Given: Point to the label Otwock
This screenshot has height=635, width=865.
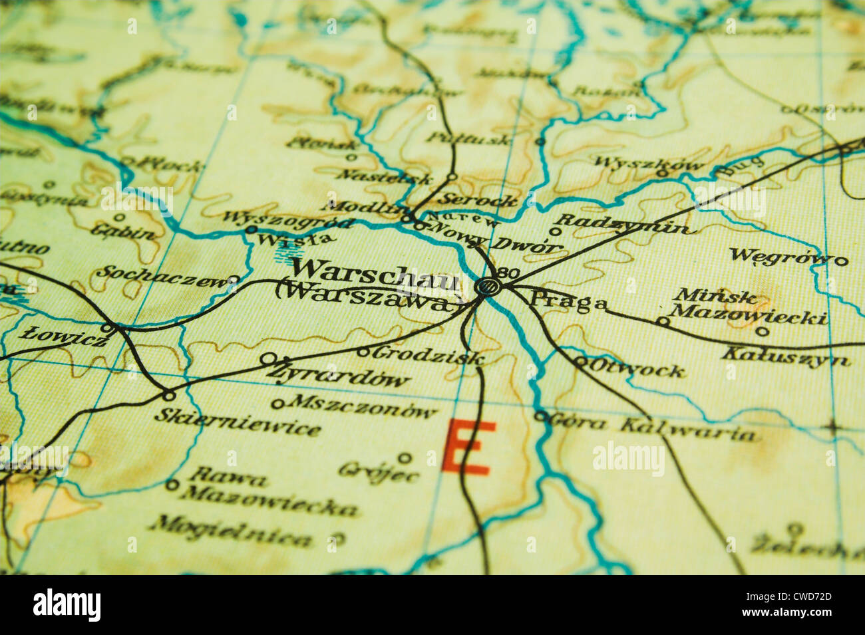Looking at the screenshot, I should click(638, 368).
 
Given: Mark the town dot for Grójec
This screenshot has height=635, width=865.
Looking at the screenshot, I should click(405, 457).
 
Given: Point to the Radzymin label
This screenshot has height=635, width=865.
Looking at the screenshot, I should click(622, 224).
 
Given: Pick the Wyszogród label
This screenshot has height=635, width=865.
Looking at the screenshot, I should click(286, 219).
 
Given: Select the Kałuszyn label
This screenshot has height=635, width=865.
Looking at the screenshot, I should click(786, 356).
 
